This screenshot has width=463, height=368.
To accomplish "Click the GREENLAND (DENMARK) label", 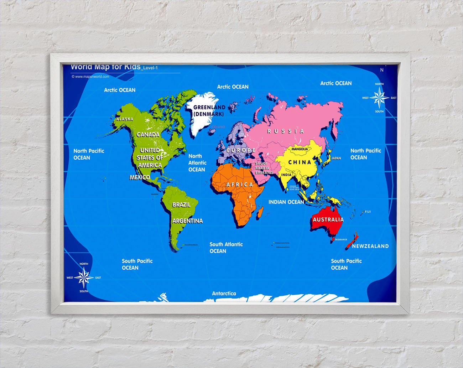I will coord(209,110).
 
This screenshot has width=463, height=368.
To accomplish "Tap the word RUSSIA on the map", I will coord(286,131).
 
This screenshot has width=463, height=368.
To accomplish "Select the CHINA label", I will coord(300,162).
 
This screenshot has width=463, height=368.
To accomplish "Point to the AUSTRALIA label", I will coord(328,219).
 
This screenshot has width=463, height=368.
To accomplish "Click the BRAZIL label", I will coord(181,204).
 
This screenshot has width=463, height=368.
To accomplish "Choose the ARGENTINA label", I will coord(187,221).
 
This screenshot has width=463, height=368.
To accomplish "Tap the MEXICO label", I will coord(140,177).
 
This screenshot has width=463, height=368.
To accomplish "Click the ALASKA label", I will coord(125,119).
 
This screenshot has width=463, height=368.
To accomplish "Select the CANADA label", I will coord(148,134).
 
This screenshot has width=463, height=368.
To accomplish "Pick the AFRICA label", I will coord(240,185).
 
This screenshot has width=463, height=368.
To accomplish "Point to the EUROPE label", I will coord(241,150).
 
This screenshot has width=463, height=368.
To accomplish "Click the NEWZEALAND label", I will coord(370,246).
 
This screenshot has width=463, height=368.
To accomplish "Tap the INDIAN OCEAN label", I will coord(286,202).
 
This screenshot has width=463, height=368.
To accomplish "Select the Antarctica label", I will coord(224,294).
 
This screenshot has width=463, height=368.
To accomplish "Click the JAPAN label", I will coord(336,158).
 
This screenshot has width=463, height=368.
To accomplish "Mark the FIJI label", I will coord(368,212).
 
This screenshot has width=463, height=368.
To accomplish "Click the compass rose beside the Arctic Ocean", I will coord(379,98).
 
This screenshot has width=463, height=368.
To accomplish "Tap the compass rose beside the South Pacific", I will coord(84,278).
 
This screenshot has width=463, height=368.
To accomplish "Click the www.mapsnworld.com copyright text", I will coord(90,76).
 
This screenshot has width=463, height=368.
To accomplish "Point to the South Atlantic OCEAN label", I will coord(226,248).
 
